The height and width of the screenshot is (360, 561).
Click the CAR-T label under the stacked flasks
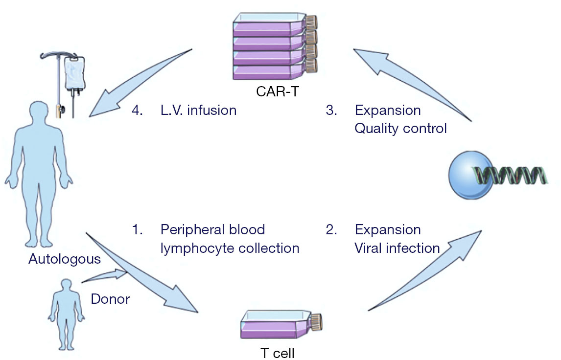[x=277, y=91]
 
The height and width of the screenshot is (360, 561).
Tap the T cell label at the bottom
[x=278, y=353]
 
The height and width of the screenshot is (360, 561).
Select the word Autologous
[x=65, y=259]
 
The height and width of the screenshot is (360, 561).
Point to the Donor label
[x=110, y=299]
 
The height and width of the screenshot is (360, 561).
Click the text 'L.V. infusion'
[x=199, y=110]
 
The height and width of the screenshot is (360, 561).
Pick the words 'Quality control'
[x=401, y=128]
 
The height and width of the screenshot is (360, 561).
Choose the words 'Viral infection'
[x=397, y=248]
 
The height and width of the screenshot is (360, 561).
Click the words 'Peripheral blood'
[x=213, y=229]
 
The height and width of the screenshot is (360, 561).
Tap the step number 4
[x=137, y=110]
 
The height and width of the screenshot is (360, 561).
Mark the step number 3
[x=331, y=110]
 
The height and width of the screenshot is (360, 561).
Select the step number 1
[x=138, y=229]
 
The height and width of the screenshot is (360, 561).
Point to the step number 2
[x=331, y=229]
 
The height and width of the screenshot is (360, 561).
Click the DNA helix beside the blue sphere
[x=510, y=175]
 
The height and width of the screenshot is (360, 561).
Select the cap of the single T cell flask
[x=316, y=322]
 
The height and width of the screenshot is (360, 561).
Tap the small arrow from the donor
[x=104, y=276]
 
